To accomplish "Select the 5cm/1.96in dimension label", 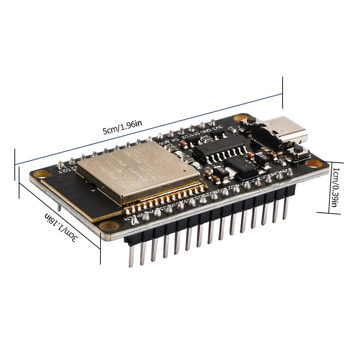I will click(122, 127).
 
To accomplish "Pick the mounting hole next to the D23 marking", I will click(42, 174).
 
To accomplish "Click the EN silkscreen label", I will click(128, 219).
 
